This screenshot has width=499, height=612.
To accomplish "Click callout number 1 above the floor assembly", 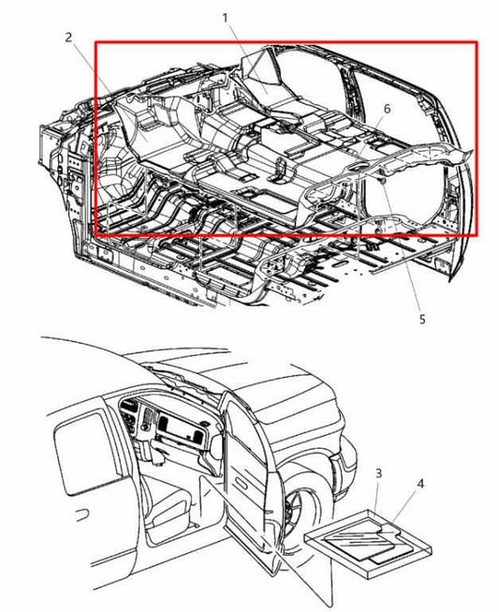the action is point(226,18).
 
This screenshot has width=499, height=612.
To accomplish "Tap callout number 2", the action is point(68,37).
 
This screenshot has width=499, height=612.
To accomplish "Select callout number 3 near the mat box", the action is point(378,473).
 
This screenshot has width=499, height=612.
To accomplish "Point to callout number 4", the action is point(419,484).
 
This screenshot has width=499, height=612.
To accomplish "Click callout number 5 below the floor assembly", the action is point(422,320).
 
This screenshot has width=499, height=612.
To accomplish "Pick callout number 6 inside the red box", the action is point(387,109).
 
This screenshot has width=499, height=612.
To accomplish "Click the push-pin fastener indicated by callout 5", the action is point(382,181).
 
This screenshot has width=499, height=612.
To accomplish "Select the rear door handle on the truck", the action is point(81,515).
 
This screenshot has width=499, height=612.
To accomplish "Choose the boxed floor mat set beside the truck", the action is point(368,544).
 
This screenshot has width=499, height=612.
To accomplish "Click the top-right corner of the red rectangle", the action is point(477,42).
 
